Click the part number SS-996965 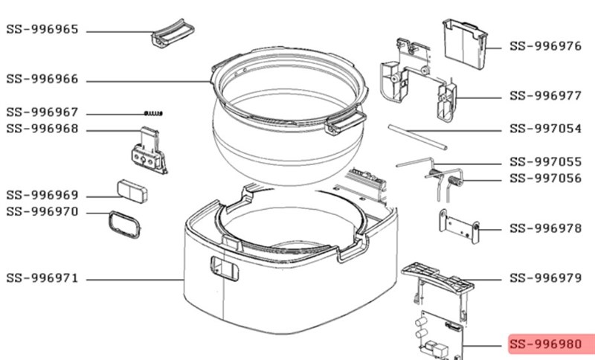pos(42,30)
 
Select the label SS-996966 pos(42,79)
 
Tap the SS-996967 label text pos(42,112)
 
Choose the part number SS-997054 pos(545,129)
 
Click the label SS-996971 pos(42,278)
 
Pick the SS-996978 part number pos(545,228)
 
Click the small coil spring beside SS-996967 pos(153,113)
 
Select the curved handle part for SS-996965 pos(173,33)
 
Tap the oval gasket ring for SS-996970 pos(125,225)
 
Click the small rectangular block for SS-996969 pos(132,192)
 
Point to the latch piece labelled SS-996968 pos(149,150)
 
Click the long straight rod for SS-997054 pos(417,138)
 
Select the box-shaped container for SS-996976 pos(464,45)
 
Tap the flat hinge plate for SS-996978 pos(459,226)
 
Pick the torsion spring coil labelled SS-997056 pos(455,181)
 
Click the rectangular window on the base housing pos(225,269)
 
